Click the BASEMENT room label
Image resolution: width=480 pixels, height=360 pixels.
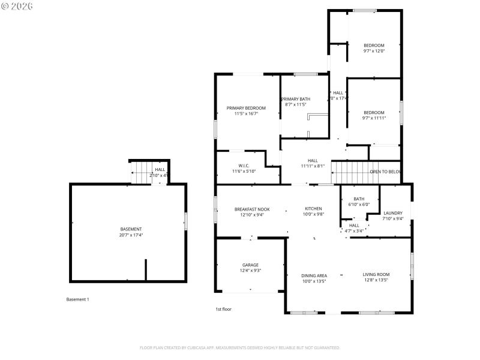coord(131,229)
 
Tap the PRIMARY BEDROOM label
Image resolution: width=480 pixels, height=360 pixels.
coord(246,108)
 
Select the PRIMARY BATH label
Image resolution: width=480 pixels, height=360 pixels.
coord(296,99)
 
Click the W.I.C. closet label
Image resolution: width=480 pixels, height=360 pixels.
coord(244,166)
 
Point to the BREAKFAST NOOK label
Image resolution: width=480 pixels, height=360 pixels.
coord(252,209)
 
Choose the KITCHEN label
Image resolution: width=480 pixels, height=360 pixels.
coord(314,209)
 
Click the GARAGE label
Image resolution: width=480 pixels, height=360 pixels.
coord(251,265)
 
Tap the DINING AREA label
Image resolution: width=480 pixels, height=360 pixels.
coord(314,275)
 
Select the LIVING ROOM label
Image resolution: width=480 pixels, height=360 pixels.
coord(376,275)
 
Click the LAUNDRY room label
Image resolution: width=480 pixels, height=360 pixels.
coord(393,213)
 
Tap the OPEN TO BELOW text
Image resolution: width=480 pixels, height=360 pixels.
coord(385,171)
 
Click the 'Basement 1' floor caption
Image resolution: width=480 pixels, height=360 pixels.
coord(77,299)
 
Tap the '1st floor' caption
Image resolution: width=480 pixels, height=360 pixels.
coord(223,309)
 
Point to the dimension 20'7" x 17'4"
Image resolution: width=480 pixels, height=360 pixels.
coord(131,235)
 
